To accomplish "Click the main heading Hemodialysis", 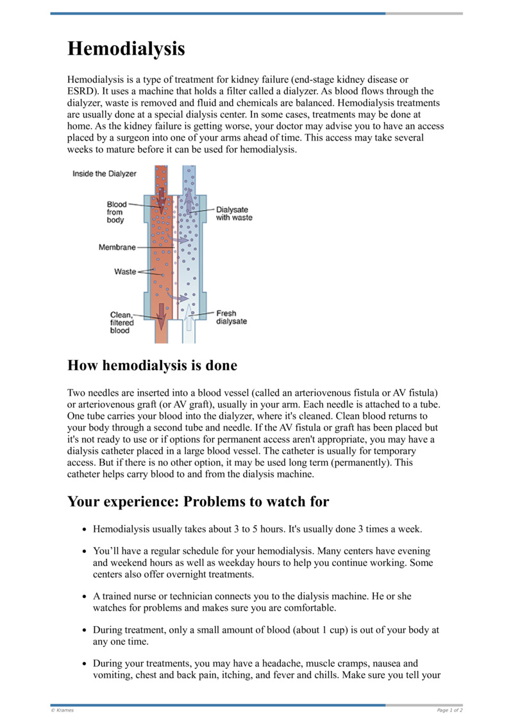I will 126,49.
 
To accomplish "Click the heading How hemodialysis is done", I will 152,366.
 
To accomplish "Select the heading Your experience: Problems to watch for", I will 198,501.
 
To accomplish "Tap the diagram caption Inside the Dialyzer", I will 104,174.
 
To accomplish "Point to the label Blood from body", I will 116,212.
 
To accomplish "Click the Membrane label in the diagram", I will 117,247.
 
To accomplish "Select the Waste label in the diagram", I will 125,271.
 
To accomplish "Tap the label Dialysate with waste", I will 233,213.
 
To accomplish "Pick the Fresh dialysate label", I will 231,318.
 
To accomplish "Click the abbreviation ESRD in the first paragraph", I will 81,91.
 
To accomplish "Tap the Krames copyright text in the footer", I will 62,710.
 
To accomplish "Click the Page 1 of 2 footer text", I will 450,710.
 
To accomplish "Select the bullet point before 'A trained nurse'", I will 84,597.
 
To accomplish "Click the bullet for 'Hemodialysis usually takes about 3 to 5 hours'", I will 84,530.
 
